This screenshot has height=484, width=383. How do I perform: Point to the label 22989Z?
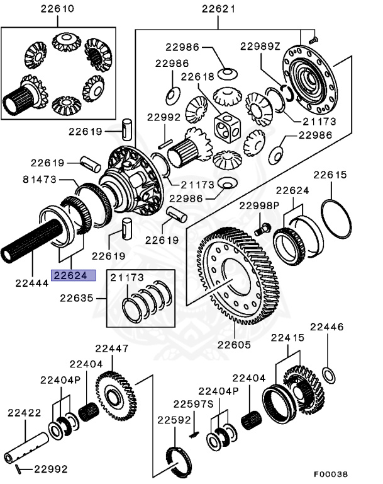[262, 47]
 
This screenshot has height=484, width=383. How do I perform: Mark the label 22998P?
[258, 205]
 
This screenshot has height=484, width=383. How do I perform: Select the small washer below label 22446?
[328, 376]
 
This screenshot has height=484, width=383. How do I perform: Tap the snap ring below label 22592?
[178, 458]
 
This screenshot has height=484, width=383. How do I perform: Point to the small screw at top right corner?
[313, 40]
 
